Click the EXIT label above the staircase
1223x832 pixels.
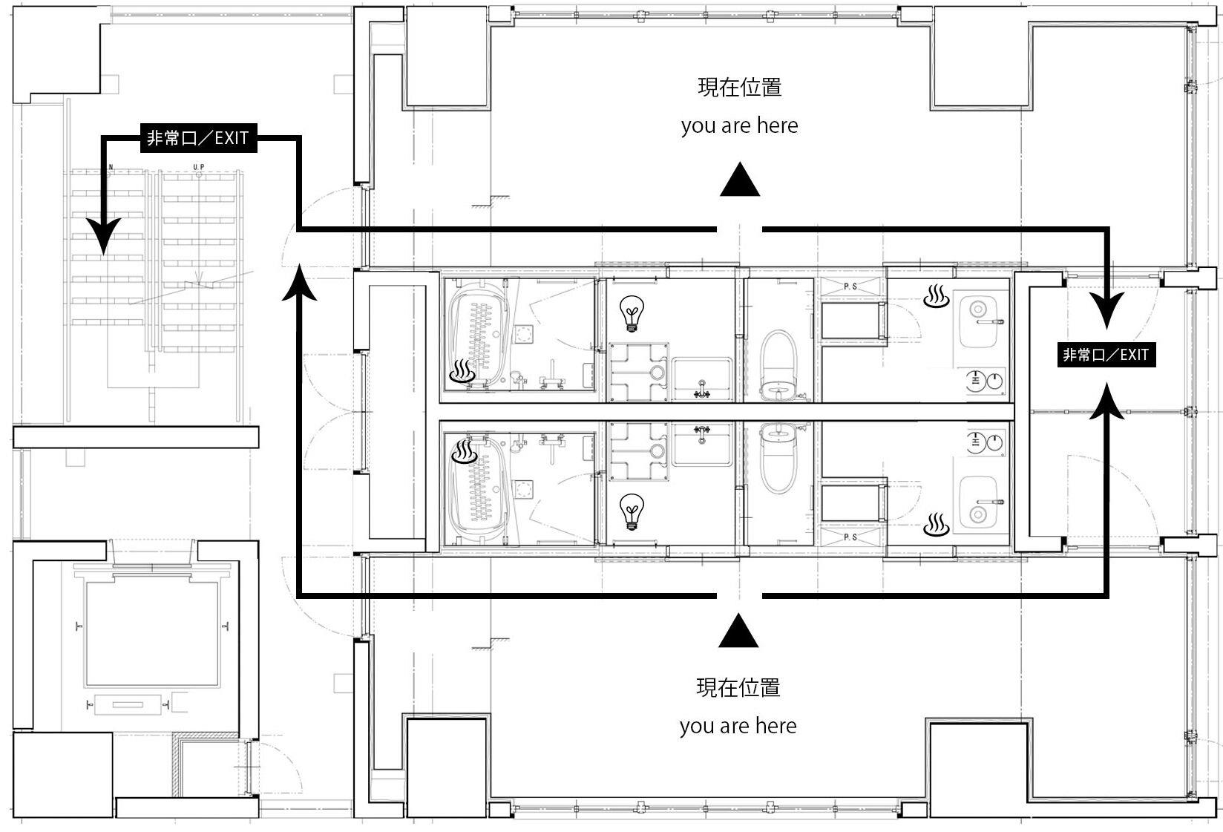click(x=198, y=138)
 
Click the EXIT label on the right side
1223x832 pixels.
click(x=1106, y=355)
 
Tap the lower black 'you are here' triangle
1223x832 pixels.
click(x=738, y=630)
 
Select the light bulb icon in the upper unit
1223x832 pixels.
click(x=632, y=313)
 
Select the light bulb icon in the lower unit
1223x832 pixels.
click(x=632, y=511)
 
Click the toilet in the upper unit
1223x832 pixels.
click(x=778, y=364)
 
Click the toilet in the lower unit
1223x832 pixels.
click(x=778, y=459)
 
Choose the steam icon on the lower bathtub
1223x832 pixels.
click(x=465, y=451)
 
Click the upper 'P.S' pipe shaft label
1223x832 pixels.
click(x=850, y=286)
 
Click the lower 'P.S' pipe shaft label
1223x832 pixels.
click(x=850, y=537)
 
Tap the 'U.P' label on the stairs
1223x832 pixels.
click(x=199, y=166)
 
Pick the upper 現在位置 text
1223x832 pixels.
click(x=740, y=88)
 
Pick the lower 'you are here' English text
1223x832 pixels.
click(x=738, y=726)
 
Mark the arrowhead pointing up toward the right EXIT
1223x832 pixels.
click(x=1106, y=402)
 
